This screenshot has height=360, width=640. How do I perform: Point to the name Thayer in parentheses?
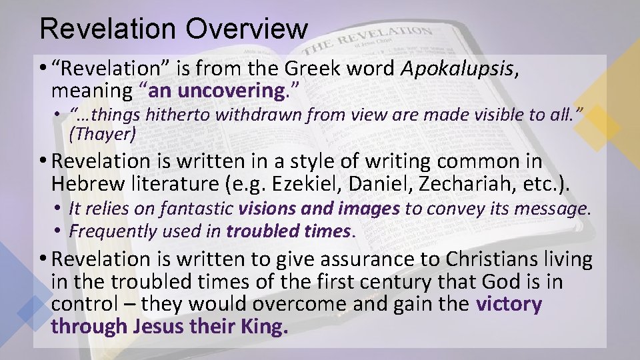[x=103, y=135]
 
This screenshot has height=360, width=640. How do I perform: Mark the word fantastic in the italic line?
[x=199, y=209]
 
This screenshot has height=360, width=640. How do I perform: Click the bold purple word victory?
[x=509, y=304]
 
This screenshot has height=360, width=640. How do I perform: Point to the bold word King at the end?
[x=266, y=327]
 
